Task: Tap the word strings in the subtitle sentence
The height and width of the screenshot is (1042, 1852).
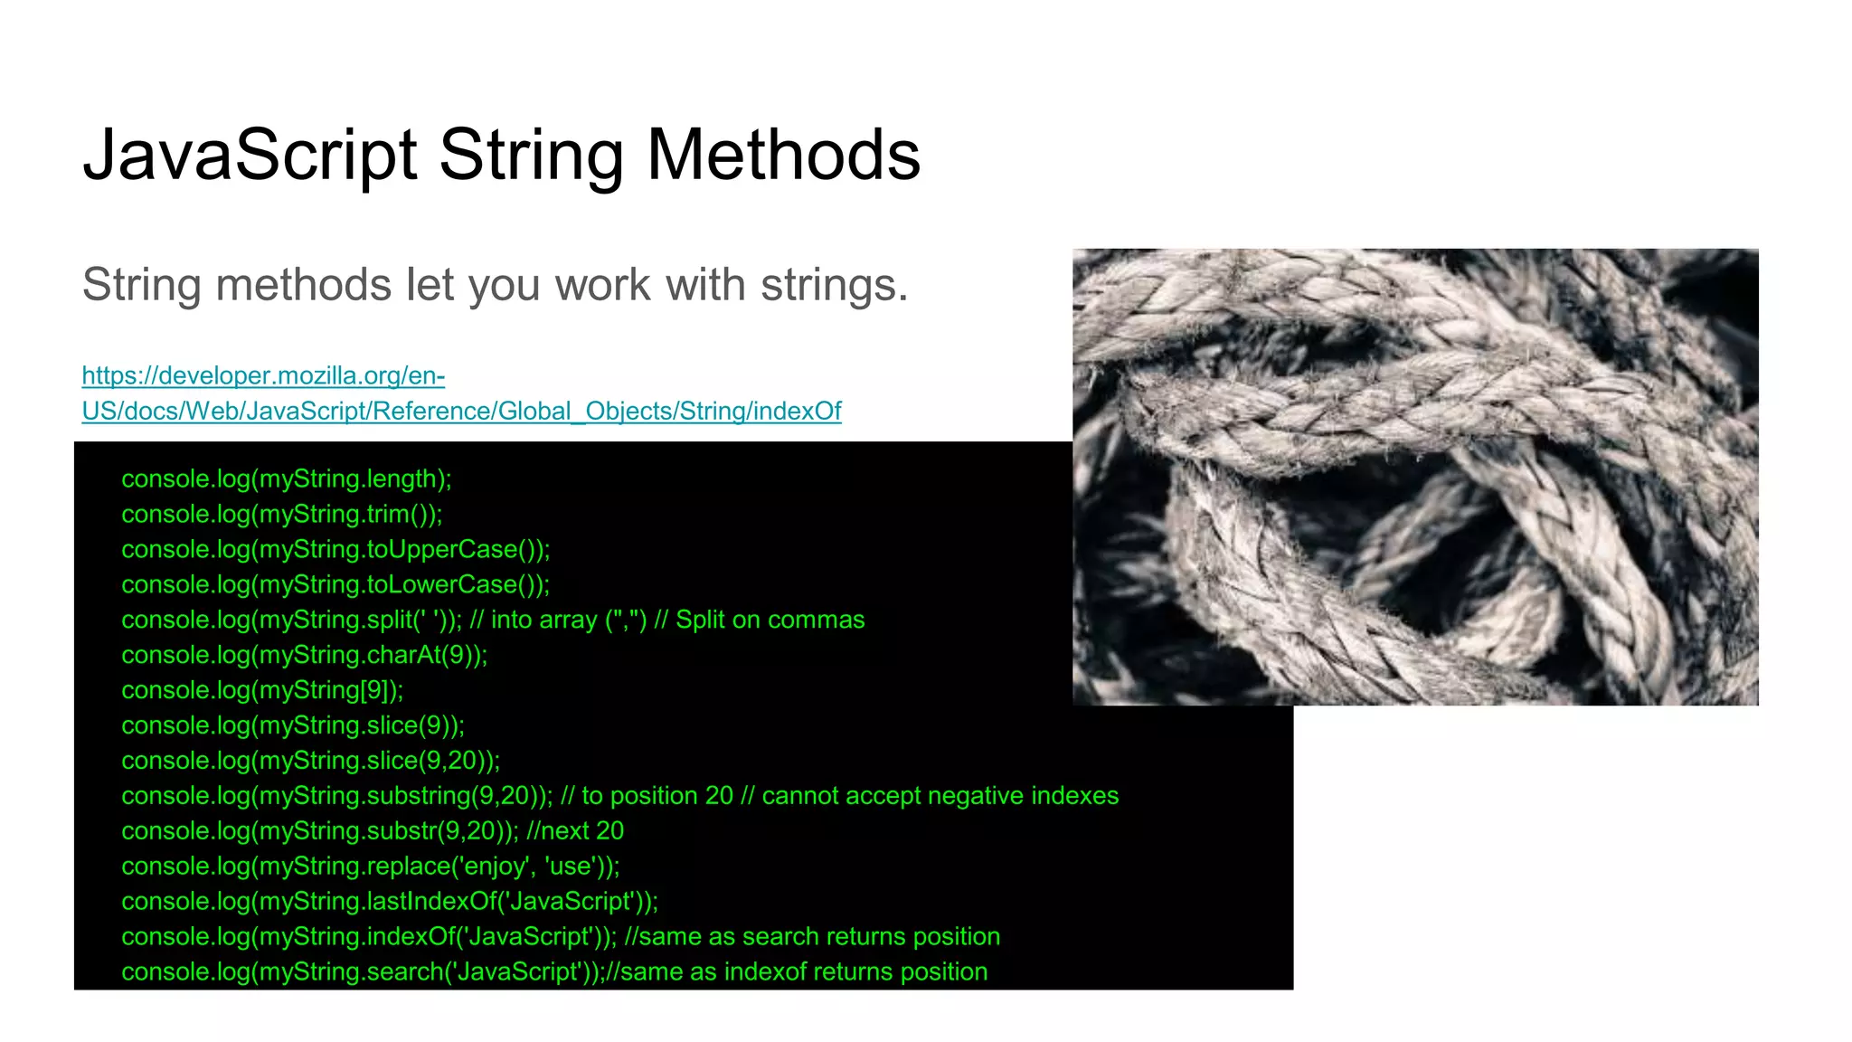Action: pos(833,285)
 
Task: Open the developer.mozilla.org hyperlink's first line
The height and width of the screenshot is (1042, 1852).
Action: pos(263,375)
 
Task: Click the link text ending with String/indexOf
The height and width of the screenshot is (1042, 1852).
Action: pos(461,412)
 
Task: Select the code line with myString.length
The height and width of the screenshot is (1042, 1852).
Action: pos(286,478)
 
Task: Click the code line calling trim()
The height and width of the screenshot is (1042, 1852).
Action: pos(281,514)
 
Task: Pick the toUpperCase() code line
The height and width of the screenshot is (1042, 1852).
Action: pos(335,549)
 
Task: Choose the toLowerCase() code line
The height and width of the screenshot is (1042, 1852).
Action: pos(335,584)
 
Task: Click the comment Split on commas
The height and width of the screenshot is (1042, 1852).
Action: pos(769,620)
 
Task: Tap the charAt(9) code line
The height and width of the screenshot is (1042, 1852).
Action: pos(304,655)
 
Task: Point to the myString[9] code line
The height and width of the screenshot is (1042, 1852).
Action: pos(262,690)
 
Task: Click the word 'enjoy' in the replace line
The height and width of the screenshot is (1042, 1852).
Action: pos(495,867)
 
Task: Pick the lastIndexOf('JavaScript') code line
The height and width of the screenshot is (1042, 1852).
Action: pos(390,902)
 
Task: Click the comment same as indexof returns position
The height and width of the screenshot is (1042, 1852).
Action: pos(801,972)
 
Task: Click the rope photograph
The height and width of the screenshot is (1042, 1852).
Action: pos(1415,477)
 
